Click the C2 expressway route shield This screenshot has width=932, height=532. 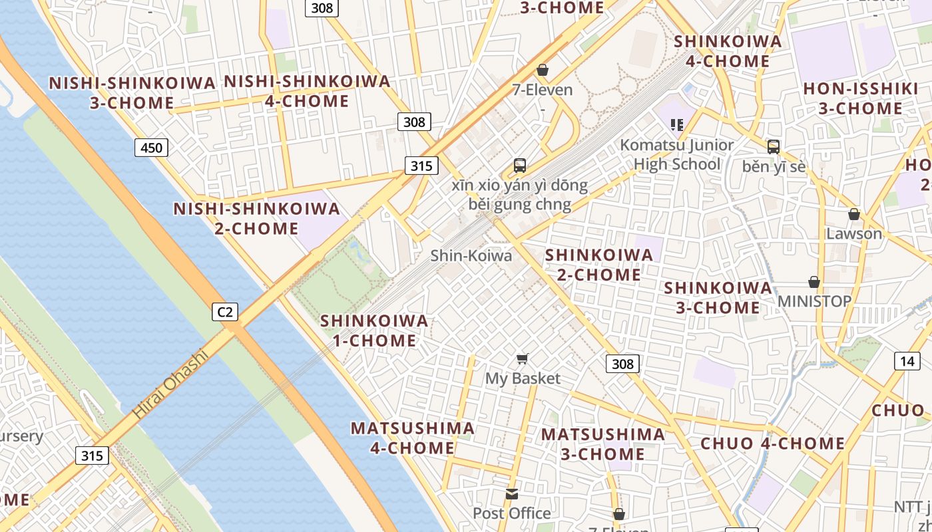[x=225, y=311]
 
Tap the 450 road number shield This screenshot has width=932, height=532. [x=151, y=147]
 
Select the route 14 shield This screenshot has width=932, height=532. [x=907, y=361]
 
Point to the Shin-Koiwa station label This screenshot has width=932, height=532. [x=471, y=255]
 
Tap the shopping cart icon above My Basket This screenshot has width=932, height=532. [x=523, y=359]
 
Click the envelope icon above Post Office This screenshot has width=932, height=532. [x=511, y=493]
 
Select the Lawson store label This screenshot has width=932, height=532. [x=853, y=233]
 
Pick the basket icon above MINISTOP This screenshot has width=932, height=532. [x=814, y=282]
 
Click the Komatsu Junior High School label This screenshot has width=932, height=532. [x=677, y=154]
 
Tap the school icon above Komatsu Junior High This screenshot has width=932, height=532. [x=677, y=124]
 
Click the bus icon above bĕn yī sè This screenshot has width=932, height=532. [x=773, y=147]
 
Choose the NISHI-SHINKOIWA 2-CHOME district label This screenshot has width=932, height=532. [x=256, y=218]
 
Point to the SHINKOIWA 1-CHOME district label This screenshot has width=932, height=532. [x=374, y=331]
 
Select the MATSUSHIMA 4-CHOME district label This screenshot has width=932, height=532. [x=412, y=438]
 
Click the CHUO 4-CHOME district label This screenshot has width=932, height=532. [x=772, y=444]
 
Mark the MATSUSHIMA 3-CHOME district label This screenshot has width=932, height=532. [x=602, y=444]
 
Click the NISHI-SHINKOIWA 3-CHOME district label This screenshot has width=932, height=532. [x=132, y=93]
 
